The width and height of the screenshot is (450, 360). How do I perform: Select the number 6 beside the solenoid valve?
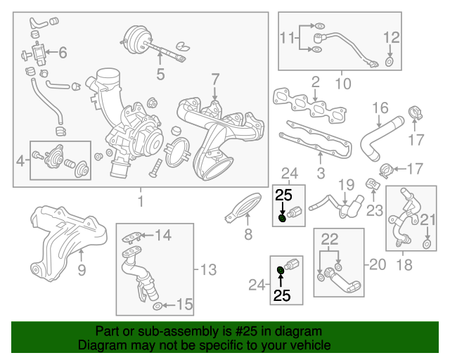click(62, 52)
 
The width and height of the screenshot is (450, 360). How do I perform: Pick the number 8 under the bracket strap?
click(247, 234)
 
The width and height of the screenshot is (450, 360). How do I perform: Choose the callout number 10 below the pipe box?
click(342, 84)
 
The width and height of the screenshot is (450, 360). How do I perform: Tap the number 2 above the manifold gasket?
click(316, 82)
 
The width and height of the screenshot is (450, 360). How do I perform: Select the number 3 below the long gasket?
click(320, 172)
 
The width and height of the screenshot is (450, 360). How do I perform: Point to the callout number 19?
click(345, 185)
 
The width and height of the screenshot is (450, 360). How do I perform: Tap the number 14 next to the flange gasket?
click(163, 236)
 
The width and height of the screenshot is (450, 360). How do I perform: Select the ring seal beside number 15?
click(157, 305)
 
